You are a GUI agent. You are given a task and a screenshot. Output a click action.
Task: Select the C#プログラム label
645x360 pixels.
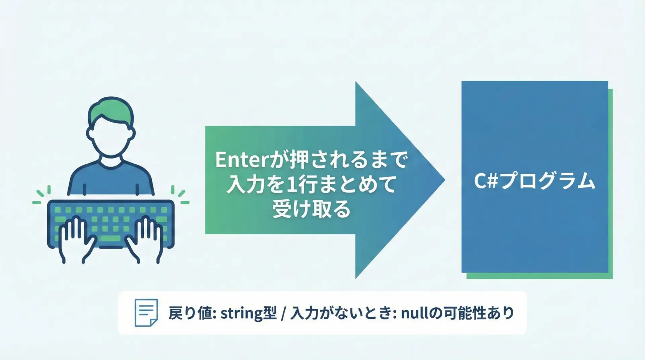pyautogui.click(x=534, y=181)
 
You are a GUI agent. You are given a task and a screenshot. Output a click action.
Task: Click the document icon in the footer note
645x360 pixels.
pyautogui.click(x=146, y=313)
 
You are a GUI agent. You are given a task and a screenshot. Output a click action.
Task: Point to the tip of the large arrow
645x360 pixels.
pyautogui.click(x=445, y=180)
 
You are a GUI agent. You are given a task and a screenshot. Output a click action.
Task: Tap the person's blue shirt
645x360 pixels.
pyautogui.click(x=111, y=178)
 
